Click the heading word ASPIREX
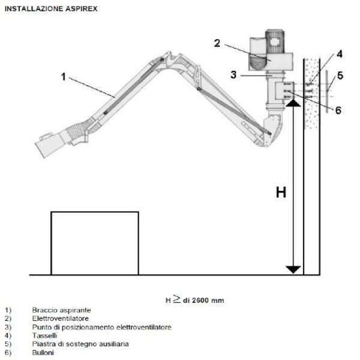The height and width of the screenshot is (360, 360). (82, 9)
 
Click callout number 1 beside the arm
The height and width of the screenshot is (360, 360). (64, 77)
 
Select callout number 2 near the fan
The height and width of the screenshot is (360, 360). (217, 43)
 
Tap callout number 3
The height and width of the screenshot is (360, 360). (233, 75)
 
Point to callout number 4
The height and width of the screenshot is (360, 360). (340, 54)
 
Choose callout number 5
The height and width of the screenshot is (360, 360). (340, 76)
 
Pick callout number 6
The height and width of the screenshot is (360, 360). (338, 110)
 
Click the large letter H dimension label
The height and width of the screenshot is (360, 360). (281, 193)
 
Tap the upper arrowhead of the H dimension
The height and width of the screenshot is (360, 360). (293, 103)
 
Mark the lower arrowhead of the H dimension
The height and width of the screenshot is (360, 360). (293, 269)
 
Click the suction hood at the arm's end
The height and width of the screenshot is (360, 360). (49, 144)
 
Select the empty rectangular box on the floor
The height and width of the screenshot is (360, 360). (95, 243)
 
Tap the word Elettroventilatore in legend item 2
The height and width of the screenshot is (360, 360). (61, 319)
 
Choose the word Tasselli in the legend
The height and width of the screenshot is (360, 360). (45, 335)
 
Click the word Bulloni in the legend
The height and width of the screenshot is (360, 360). (43, 352)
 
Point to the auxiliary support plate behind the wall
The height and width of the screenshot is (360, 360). (327, 92)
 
